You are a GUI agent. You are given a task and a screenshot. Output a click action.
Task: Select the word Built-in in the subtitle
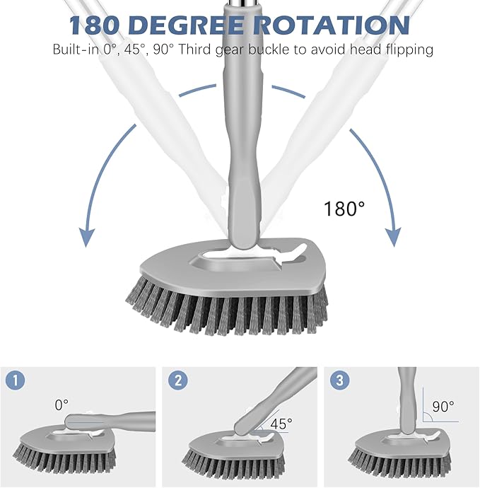pos(74,50)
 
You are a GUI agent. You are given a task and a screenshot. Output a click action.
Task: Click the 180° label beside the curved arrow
pos(344,209)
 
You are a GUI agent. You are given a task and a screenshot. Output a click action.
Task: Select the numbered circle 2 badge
pos(178,380)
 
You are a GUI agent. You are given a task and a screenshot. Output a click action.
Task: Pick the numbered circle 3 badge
pos(341,380)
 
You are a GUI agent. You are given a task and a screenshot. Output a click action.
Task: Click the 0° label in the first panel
pos(62,405)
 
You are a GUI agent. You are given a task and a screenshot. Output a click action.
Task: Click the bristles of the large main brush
pos(226,308)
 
